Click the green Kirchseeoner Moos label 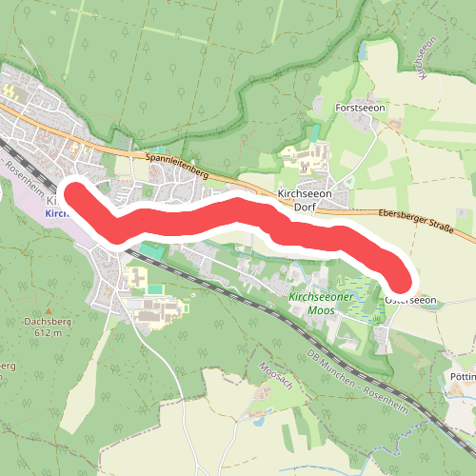click(x=321, y=304)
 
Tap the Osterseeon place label click(x=411, y=300)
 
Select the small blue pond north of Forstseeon click(x=362, y=50)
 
